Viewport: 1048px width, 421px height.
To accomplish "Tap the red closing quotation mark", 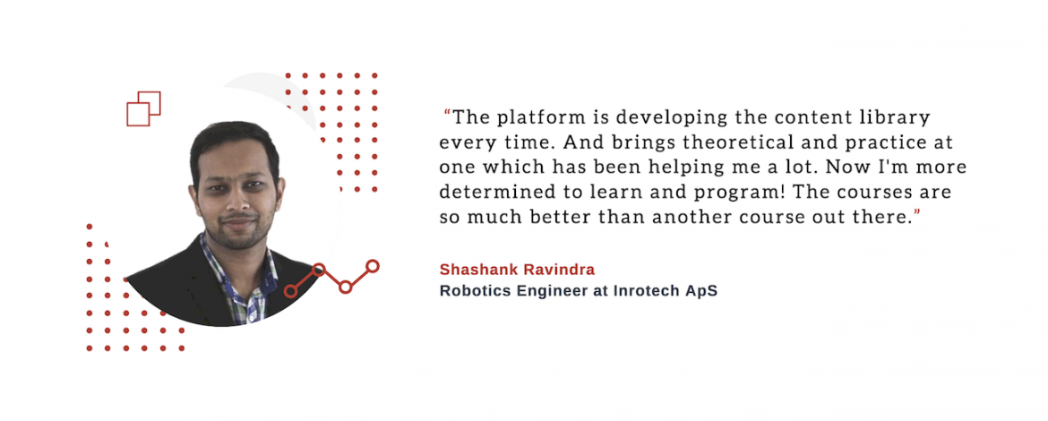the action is coord(916,211).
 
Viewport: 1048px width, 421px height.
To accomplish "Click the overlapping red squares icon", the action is coord(143,108).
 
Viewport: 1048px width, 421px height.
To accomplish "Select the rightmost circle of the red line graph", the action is coord(373,266).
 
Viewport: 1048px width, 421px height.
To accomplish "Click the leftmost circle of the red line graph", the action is coord(290,291).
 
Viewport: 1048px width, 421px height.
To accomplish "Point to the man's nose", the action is coord(236,199).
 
